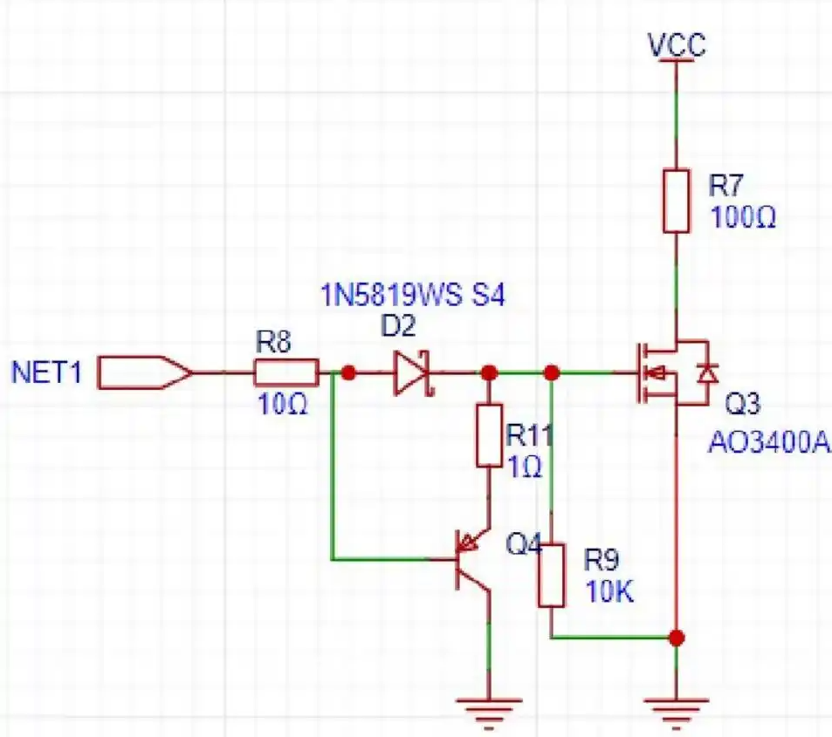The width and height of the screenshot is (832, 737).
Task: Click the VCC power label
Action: pyautogui.click(x=677, y=44)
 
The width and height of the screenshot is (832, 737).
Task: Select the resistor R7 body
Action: pyautogui.click(x=677, y=201)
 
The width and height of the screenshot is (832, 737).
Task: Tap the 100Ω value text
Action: pyautogui.click(x=743, y=217)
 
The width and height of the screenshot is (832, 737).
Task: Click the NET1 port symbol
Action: pyautogui.click(x=144, y=372)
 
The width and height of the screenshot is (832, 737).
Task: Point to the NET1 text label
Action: pyautogui.click(x=46, y=372)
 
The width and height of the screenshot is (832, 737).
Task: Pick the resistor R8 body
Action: pyautogui.click(x=286, y=372)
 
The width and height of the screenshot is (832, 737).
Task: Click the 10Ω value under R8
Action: pyautogui.click(x=283, y=405)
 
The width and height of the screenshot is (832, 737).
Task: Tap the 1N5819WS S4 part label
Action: pyautogui.click(x=413, y=295)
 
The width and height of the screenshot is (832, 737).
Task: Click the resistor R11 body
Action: pyautogui.click(x=489, y=435)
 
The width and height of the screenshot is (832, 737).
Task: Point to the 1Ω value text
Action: pyautogui.click(x=525, y=467)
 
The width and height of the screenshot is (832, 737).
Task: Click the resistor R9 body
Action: pyautogui.click(x=551, y=576)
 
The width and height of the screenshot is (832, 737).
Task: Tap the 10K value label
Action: pyautogui.click(x=609, y=591)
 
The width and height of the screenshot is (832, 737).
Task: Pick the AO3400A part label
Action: pyautogui.click(x=768, y=442)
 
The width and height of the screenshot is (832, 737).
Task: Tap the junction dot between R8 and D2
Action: pyautogui.click(x=348, y=372)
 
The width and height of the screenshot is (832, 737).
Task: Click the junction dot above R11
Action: pyautogui.click(x=489, y=372)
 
